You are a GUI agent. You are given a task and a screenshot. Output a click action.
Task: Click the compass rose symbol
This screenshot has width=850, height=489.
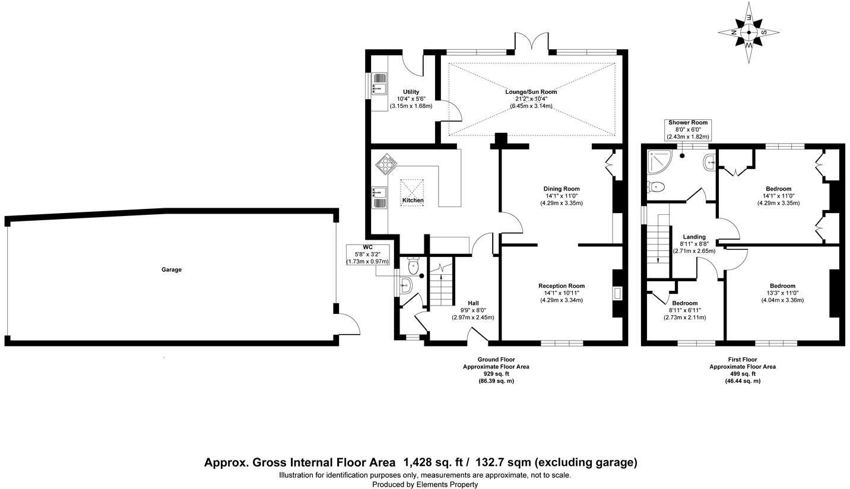[748, 33]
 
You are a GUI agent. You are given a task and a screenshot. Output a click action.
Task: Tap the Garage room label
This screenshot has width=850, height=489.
[172, 269]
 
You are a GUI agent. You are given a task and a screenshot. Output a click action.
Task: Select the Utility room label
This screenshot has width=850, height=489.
[411, 92]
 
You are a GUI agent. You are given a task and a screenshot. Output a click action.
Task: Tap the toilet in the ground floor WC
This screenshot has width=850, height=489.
[414, 267]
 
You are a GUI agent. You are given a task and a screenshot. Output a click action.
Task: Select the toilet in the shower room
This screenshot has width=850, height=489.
[655, 187]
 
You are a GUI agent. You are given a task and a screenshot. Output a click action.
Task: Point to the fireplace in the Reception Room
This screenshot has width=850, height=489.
[618, 292]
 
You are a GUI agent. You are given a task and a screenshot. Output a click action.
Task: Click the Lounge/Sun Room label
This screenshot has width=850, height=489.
[531, 92]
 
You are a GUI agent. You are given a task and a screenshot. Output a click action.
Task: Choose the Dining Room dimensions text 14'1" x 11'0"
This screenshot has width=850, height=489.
[561, 196]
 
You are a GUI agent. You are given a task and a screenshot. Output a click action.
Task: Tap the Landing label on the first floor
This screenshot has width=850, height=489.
[694, 237]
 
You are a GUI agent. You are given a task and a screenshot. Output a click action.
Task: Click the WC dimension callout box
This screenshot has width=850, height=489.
[367, 254]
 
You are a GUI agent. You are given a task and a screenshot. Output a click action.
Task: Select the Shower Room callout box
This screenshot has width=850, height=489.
[687, 129]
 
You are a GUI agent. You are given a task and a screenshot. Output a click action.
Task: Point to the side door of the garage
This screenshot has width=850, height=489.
[348, 325]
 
